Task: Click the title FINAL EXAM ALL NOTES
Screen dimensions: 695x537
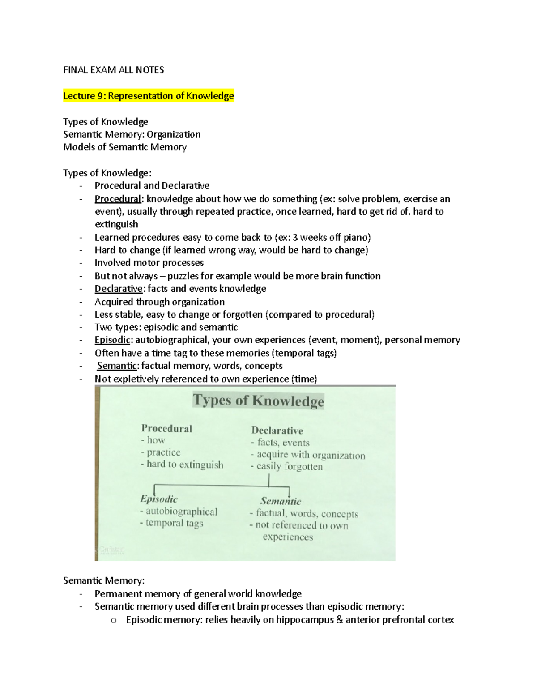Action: (113, 70)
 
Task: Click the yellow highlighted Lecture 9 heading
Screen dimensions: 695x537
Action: (148, 96)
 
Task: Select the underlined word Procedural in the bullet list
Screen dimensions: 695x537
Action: (117, 199)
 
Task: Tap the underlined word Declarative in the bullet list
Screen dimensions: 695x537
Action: (118, 289)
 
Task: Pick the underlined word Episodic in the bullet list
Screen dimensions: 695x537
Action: (112, 340)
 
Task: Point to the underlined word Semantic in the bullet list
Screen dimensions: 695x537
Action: (117, 366)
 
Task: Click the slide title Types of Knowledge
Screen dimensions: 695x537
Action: (258, 400)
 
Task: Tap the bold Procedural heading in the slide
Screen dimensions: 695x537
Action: (166, 428)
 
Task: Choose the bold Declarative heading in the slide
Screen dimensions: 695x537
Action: (277, 431)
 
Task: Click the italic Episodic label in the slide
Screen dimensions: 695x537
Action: (159, 499)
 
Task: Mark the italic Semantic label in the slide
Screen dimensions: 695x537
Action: (281, 501)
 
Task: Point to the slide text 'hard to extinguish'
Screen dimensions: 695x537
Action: (184, 465)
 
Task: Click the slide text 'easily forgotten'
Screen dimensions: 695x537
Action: (289, 466)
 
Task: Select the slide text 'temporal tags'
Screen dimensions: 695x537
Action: (174, 523)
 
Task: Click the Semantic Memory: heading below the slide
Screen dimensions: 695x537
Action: (104, 580)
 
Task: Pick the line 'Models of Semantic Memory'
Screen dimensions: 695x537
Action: (124, 147)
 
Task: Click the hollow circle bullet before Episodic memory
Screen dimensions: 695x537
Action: (114, 620)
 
